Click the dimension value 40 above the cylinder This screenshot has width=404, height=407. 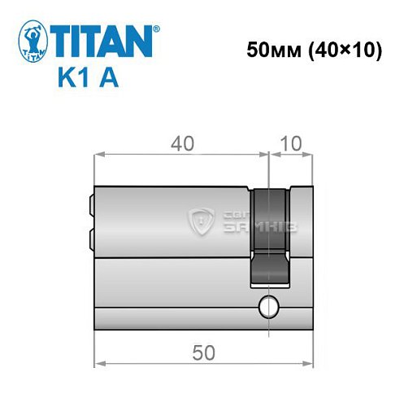(181, 143)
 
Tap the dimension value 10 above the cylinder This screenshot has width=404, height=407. (291, 143)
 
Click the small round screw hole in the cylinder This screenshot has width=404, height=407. (267, 308)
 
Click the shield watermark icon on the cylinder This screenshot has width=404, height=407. (200, 220)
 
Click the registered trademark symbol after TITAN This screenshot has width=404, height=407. (156, 29)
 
